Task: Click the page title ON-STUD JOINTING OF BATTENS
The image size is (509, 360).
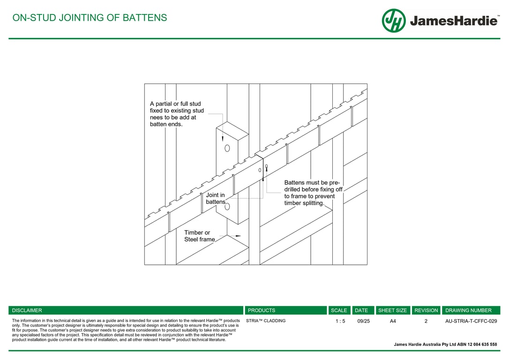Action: [90, 18]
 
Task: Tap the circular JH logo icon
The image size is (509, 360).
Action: [394, 21]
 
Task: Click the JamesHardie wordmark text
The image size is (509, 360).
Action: [454, 21]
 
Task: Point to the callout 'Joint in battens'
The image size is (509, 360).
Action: [216, 198]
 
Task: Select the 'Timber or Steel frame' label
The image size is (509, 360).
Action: [199, 236]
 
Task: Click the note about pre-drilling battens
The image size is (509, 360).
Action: [313, 193]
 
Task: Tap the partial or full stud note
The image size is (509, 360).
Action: [177, 114]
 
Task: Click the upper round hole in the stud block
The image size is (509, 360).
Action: [227, 148]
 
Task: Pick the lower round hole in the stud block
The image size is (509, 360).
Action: [227, 206]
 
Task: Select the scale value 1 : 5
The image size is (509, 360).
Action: [340, 321]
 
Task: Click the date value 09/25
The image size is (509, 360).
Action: [363, 321]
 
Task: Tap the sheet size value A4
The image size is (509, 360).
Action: [393, 321]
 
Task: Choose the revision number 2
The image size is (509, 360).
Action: [426, 321]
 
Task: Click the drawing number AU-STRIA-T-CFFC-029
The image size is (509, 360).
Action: [471, 321]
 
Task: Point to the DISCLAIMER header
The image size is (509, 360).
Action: [27, 310]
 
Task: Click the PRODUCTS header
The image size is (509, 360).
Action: [262, 310]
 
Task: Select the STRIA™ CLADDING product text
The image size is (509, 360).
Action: [266, 321]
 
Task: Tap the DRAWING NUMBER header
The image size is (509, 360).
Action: [468, 310]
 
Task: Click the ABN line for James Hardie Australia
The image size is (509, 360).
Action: [445, 345]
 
